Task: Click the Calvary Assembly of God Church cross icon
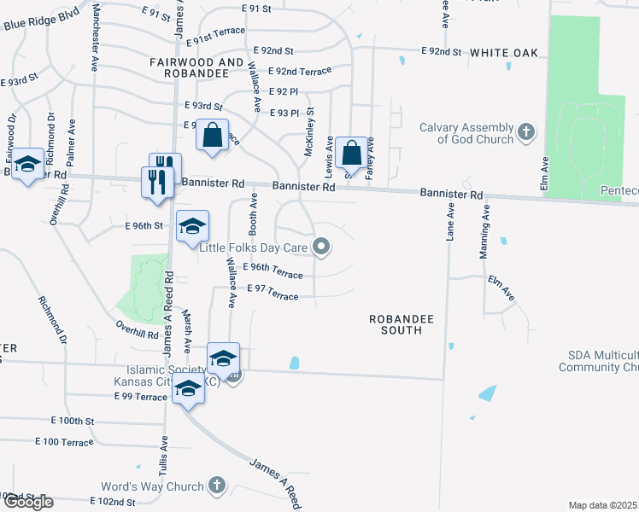pyautogui.click(x=526, y=132)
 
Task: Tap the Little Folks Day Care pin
pyautogui.click(x=321, y=248)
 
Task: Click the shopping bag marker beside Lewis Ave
pyautogui.click(x=351, y=153)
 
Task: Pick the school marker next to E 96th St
pyautogui.click(x=192, y=226)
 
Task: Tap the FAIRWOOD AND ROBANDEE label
pyautogui.click(x=196, y=68)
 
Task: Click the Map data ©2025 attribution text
pyautogui.click(x=603, y=505)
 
